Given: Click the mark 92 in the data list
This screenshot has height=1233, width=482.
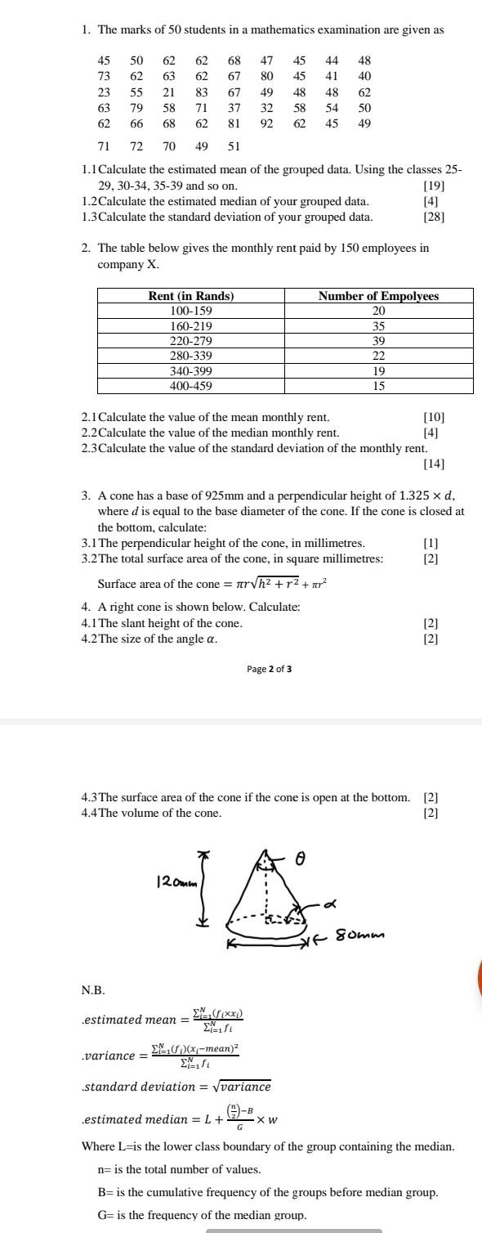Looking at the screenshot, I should [x=267, y=123].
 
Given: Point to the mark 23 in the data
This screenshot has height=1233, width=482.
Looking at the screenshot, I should [x=104, y=92].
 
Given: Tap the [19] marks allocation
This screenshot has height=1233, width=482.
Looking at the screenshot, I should [x=434, y=186].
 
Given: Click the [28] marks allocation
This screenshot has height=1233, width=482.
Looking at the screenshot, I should [x=434, y=217].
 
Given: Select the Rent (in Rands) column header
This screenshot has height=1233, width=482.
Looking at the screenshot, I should [x=191, y=296].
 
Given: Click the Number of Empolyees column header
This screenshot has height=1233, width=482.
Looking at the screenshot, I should [x=378, y=296].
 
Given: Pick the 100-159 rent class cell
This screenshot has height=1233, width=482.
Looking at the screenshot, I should [x=191, y=311].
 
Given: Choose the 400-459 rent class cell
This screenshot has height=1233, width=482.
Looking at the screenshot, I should [x=191, y=386].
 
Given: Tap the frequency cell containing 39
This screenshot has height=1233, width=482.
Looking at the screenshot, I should [x=378, y=340].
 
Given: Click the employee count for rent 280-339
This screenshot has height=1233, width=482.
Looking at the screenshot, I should [x=378, y=356].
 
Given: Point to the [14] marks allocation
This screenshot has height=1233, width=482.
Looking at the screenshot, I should [x=434, y=464].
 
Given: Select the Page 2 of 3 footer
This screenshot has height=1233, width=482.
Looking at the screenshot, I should [x=269, y=669].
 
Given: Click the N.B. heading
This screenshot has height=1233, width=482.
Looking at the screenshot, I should [x=93, y=990].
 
